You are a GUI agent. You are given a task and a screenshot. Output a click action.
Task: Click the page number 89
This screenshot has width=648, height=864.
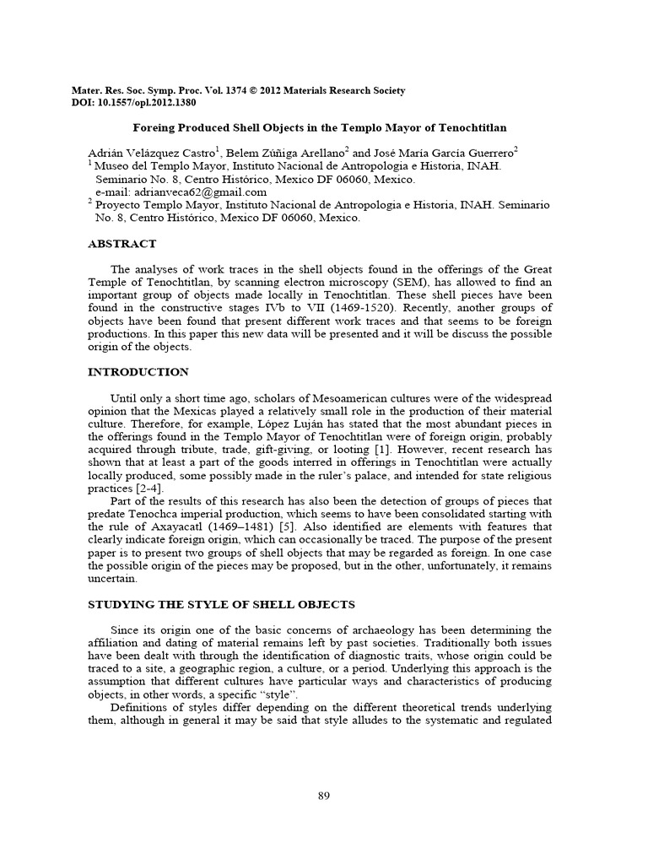[323, 796]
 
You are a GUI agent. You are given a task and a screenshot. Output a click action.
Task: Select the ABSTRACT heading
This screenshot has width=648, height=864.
[122, 244]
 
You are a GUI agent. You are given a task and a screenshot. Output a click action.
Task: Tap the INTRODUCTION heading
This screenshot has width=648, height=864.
[138, 371]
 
